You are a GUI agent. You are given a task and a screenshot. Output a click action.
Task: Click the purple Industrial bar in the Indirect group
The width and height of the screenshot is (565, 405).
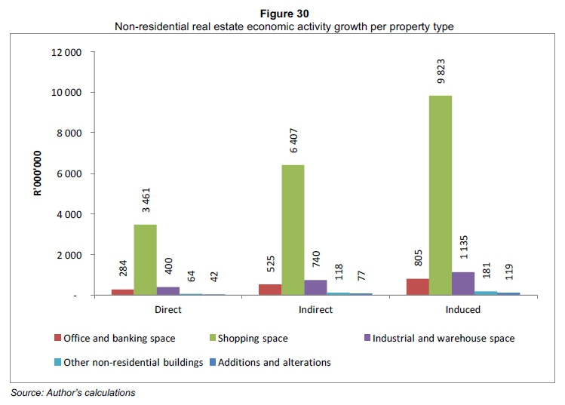point(315,287)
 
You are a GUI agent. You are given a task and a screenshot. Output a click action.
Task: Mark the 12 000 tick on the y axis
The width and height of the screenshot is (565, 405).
point(66,52)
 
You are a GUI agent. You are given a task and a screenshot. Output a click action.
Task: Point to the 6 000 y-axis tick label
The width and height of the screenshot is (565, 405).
point(69,174)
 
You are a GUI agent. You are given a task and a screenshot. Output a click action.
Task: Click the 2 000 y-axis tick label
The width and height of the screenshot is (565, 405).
point(69,255)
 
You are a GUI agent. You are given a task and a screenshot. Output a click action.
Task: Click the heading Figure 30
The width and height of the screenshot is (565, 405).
point(284,13)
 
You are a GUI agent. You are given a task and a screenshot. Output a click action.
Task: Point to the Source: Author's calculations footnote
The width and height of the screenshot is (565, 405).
point(72,392)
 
